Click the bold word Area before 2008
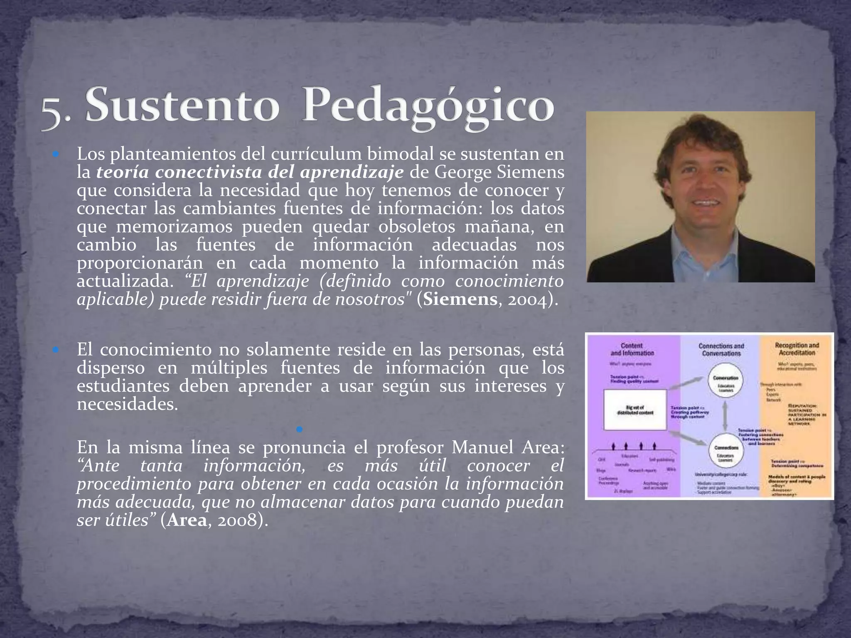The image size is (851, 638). tap(187, 520)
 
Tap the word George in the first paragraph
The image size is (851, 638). tap(462, 172)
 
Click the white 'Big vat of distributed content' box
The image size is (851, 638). tap(635, 410)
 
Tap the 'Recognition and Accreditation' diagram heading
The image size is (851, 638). tap(797, 349)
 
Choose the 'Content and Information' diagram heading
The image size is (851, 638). tap(632, 349)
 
